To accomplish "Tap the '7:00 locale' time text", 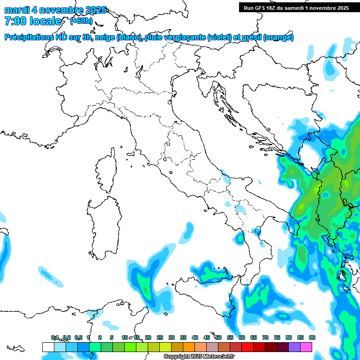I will pyautogui.click(x=33, y=21).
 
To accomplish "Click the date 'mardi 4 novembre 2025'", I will pyautogui.click(x=55, y=10).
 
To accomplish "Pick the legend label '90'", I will pyautogui.click(x=312, y=337).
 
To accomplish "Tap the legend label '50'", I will pyautogui.click(x=218, y=337).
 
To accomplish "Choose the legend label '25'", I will pyautogui.click(x=160, y=337).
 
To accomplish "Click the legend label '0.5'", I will pyautogui.click(x=78, y=337).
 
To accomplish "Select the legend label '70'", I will pyautogui.click(x=265, y=337).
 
